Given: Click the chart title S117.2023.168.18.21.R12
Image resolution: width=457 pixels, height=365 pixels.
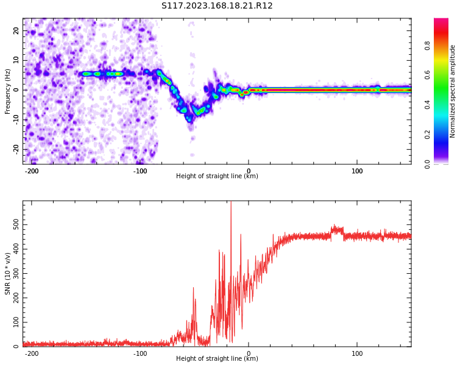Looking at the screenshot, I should pos(217,6).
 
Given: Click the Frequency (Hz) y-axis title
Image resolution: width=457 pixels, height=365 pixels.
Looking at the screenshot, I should pos(8,91).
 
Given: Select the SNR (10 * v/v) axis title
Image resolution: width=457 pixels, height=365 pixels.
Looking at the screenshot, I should pos(8,273).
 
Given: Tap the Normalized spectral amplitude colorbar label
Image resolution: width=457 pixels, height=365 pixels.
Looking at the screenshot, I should pos(453,91).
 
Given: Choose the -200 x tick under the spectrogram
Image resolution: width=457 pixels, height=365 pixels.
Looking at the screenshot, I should pos(32,170).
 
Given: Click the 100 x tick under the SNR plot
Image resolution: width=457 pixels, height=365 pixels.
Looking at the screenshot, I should pos(357,353).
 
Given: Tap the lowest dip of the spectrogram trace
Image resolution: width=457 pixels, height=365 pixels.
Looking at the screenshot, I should pos(190,119).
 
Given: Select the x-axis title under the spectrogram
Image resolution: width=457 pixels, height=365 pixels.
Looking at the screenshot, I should pos(217,176).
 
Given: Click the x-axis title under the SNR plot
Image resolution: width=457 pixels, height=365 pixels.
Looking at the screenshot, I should pos(217,359).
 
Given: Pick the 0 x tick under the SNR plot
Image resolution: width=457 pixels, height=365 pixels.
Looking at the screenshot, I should pos(249,353).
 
